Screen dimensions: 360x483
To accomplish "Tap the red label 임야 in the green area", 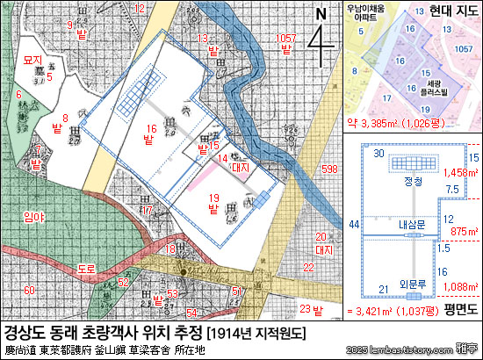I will click(35, 216).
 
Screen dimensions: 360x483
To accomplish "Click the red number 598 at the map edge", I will click(329, 169).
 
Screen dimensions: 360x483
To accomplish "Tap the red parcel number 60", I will click(30, 290).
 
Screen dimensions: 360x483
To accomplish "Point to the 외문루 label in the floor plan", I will click(413, 283).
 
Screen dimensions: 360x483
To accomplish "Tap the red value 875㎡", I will click(463, 230).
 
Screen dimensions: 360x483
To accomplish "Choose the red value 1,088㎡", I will click(461, 285).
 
